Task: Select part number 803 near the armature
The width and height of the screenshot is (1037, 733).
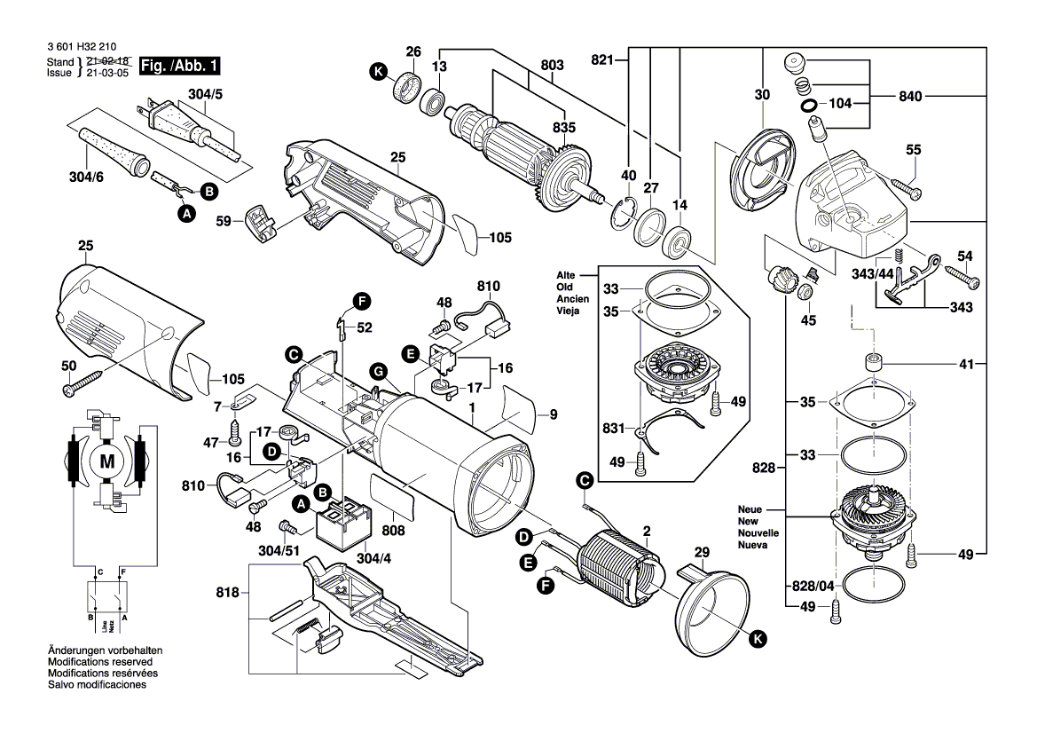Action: pos(552,65)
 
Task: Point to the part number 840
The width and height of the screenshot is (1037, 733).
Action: pos(912,95)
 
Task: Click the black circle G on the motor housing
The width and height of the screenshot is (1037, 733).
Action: pos(377,370)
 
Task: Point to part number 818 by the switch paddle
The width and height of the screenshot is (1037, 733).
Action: pos(228,593)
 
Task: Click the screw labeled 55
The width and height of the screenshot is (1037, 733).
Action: pos(905,187)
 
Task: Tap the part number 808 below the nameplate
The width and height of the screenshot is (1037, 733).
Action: pos(392,531)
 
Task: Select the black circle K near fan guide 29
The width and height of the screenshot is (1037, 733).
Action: pos(757,637)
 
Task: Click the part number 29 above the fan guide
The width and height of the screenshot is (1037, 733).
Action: pos(702,552)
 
